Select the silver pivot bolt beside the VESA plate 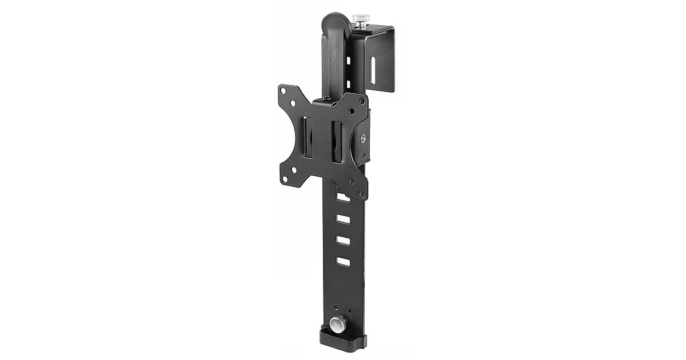point(364,137)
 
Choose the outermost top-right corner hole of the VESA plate point(361,99)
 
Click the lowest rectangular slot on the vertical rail point(343,261)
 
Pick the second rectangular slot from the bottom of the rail point(343,240)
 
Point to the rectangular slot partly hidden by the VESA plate point(342,197)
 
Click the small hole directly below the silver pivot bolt point(363,154)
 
